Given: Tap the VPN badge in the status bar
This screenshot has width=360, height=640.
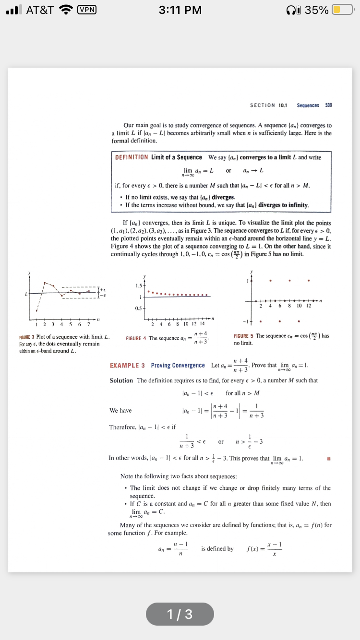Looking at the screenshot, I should pos(87,10).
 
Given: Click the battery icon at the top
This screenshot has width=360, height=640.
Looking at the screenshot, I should pos(343,10).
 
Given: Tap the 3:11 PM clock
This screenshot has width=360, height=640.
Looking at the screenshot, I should pos(180,10).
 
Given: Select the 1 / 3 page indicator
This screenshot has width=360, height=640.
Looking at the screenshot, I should pos(180,614).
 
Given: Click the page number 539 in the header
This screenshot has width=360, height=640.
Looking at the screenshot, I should pos(328,105).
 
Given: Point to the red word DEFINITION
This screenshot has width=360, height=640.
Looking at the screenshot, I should pos(132,157).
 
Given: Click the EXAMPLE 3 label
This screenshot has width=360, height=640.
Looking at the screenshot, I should pos(127,366).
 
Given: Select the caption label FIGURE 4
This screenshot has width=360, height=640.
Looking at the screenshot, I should pos(136,339).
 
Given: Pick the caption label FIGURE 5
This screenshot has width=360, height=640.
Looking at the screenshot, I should pos(243,336).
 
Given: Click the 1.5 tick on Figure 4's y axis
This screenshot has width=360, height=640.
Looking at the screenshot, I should pos(138,286).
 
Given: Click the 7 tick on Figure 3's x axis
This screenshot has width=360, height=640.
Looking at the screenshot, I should pos(88,324).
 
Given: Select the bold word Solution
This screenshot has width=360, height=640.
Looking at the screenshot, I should pos(121,380).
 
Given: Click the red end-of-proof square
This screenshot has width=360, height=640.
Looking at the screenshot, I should pos(329,458).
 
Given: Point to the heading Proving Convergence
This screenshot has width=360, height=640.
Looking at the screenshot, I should pos(178,366).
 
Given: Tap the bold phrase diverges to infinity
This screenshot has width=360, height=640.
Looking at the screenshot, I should pos(283,205).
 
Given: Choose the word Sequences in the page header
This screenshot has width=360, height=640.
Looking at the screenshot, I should pos(308,105).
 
